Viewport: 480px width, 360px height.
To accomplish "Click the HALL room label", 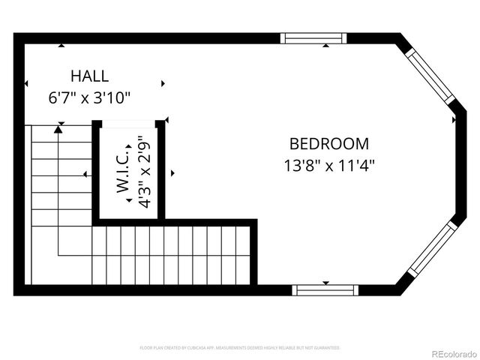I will click(x=89, y=76).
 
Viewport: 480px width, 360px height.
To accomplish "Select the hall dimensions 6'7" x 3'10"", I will click(x=89, y=97).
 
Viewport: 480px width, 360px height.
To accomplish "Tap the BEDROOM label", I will click(x=329, y=143).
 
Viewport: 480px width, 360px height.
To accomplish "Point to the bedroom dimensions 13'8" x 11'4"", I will click(x=329, y=165).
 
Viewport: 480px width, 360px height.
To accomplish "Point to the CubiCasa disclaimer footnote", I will click(x=240, y=348).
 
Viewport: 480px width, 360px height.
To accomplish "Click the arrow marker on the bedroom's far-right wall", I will click(x=453, y=118).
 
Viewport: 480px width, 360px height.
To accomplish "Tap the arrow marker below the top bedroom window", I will click(x=325, y=46).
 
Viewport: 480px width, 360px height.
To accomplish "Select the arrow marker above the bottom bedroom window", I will click(x=325, y=282).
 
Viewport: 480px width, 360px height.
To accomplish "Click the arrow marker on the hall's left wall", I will click(x=27, y=83).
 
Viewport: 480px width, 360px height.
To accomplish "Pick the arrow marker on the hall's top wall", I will click(x=61, y=46).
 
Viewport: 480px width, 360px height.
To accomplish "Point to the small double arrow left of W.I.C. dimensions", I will click(x=129, y=200).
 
